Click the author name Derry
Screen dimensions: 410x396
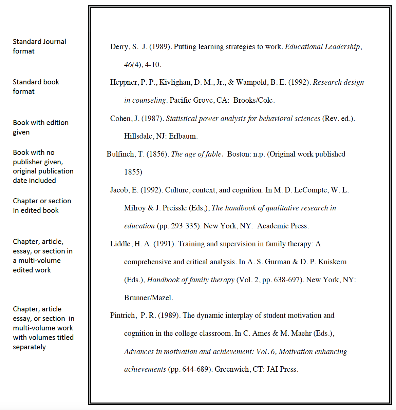[119, 47]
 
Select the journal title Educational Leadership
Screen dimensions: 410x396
[322, 47]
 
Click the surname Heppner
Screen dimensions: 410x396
[124, 82]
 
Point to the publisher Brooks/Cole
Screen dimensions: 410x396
[253, 100]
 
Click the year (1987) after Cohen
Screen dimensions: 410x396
[152, 119]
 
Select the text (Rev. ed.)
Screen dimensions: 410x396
[338, 119]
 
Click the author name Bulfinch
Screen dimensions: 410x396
[120, 154]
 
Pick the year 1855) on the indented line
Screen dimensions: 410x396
[133, 172]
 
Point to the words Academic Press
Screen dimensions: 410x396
[282, 226]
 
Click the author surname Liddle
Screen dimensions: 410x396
[120, 244]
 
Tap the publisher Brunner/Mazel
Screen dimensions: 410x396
[148, 298]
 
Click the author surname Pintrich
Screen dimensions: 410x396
[123, 315]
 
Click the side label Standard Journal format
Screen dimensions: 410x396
[39, 46]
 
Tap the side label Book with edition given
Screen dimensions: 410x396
[41, 127]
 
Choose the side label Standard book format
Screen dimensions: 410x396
[36, 87]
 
